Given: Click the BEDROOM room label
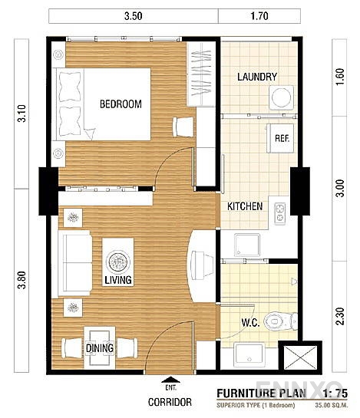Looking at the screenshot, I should pyautogui.click(x=121, y=105).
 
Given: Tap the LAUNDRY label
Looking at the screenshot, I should pyautogui.click(x=257, y=77).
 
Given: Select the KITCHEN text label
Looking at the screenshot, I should pyautogui.click(x=246, y=206).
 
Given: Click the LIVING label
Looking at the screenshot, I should pyautogui.click(x=118, y=281).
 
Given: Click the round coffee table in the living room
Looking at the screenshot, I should pyautogui.click(x=118, y=259).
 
